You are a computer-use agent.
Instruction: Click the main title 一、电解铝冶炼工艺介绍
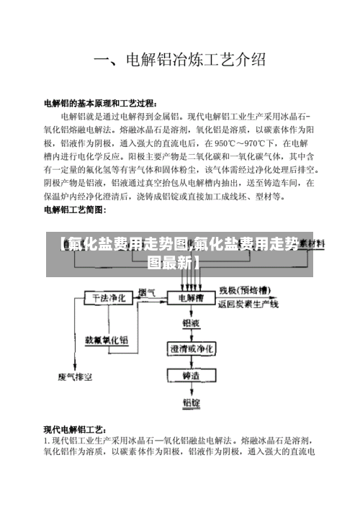coord(180,59)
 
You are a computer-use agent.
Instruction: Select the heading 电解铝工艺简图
coord(75,210)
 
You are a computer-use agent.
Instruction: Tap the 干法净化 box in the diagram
coord(106,297)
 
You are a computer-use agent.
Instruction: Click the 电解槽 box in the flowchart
coord(191,297)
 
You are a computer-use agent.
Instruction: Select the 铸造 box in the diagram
coord(191,375)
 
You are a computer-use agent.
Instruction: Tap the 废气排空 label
coord(71,375)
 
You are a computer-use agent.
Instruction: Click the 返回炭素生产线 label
coord(248,305)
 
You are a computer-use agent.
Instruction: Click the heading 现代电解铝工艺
coord(76,429)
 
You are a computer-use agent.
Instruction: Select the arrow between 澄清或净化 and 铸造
coord(191,362)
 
